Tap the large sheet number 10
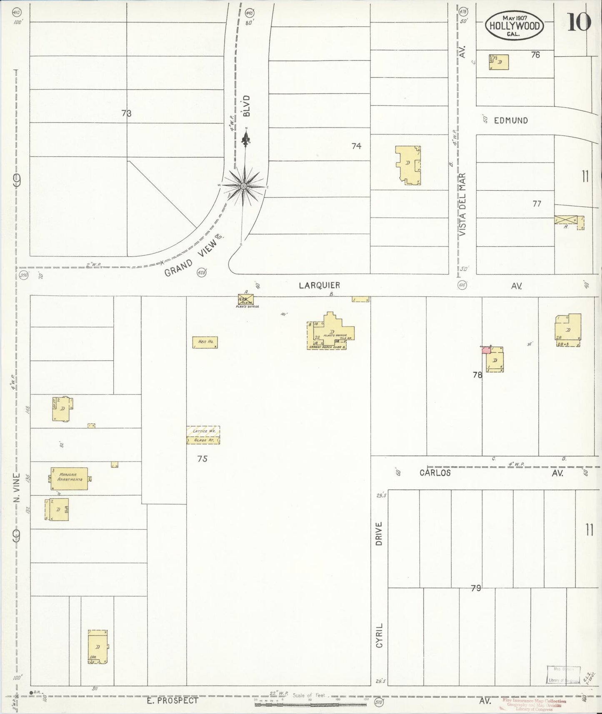pyautogui.click(x=579, y=22)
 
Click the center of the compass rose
pyautogui.click(x=244, y=186)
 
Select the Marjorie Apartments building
pyautogui.click(x=70, y=478)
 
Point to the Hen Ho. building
pyautogui.click(x=205, y=342)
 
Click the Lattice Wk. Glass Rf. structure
pyautogui.click(x=203, y=435)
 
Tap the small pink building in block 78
pyautogui.click(x=486, y=350)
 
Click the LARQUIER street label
pyautogui.click(x=320, y=285)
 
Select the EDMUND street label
pyautogui.click(x=511, y=120)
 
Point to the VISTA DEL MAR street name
pyautogui.click(x=463, y=205)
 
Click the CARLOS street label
pyautogui.click(x=435, y=473)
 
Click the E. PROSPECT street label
pyautogui.click(x=172, y=701)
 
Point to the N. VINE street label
pyautogui.click(x=17, y=487)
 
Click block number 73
pyautogui.click(x=127, y=113)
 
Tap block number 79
pyautogui.click(x=476, y=588)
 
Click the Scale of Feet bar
pyautogui.click(x=310, y=704)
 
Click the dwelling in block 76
pyautogui.click(x=499, y=62)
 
